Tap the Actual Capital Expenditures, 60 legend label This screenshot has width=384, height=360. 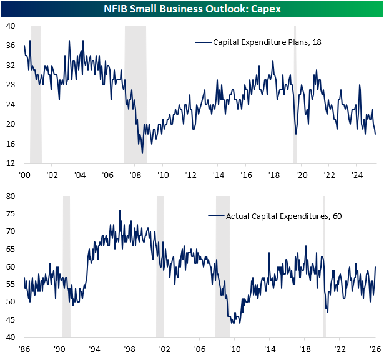[x=275, y=216]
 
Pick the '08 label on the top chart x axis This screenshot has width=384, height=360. [x=134, y=174]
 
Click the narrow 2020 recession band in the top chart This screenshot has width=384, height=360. [x=295, y=94]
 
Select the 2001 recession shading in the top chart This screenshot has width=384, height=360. [x=36, y=94]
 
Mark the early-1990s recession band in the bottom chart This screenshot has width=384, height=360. [x=67, y=266]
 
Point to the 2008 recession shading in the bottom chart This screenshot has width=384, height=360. [x=223, y=266]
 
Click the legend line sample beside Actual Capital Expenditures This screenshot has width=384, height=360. [x=215, y=216]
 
